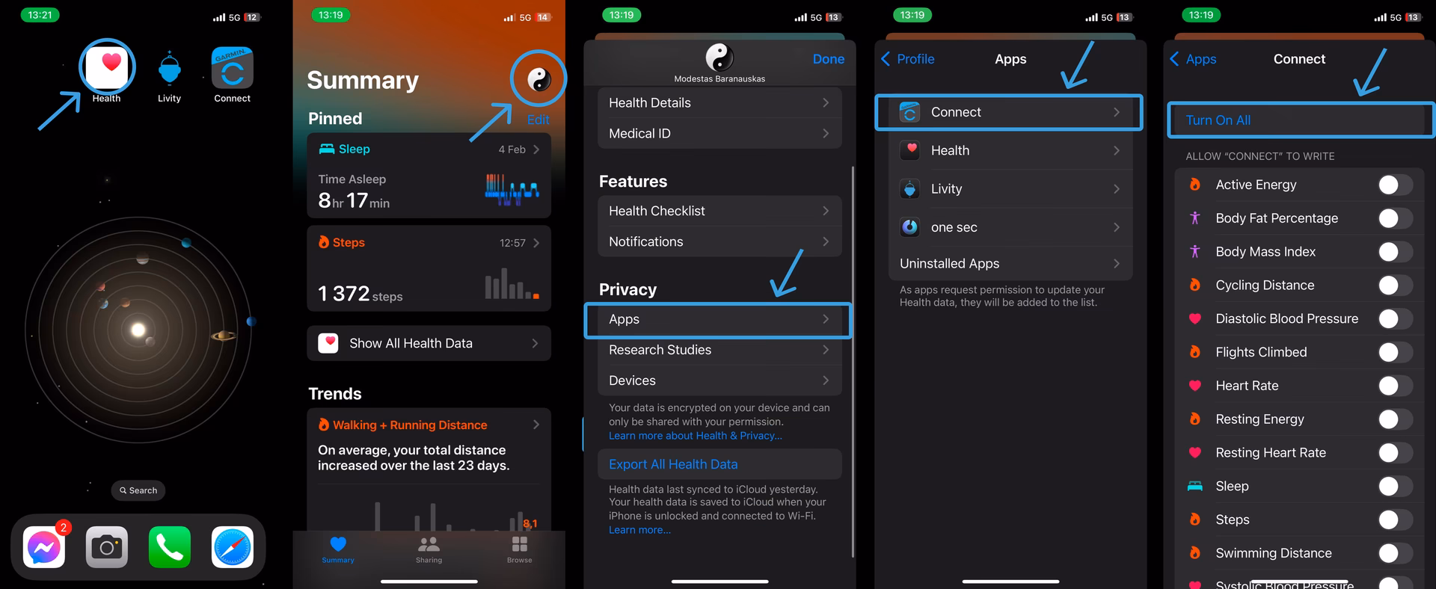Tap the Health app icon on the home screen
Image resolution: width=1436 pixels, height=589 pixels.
point(108,67)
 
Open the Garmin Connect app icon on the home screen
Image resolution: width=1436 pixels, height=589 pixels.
point(232,68)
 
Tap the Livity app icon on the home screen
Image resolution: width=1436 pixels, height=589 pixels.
point(170,69)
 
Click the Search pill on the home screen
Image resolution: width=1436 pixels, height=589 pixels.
point(138,490)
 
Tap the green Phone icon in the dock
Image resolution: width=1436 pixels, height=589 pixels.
point(170,548)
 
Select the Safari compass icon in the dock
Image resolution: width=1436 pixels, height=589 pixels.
point(232,548)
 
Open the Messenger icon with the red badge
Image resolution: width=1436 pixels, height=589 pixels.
point(44,548)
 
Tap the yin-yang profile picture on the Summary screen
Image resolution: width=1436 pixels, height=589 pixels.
point(538,78)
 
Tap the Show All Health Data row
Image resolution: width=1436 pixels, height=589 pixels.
point(429,343)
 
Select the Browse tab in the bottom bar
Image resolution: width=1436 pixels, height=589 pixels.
point(519,549)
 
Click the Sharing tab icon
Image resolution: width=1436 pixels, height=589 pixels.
point(429,549)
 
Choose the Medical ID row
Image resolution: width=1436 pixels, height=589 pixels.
point(719,134)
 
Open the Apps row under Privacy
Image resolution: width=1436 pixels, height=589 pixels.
point(719,319)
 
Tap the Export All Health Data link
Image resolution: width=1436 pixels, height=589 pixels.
point(673,464)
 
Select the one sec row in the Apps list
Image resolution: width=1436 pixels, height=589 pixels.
point(1010,227)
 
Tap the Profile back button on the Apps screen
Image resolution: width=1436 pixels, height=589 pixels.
point(908,59)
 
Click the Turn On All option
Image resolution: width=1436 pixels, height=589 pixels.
point(1218,120)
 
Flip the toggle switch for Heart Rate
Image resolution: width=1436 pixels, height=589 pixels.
point(1394,386)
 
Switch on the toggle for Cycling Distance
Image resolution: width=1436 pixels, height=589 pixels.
point(1394,286)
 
